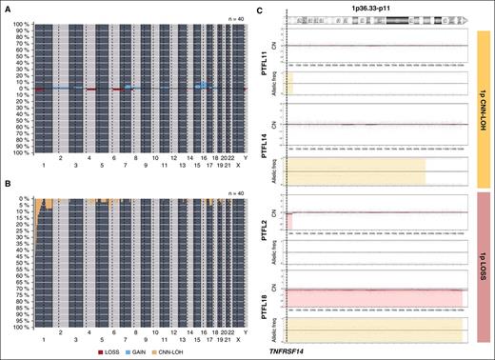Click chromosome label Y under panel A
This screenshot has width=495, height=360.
pos(245,162)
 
